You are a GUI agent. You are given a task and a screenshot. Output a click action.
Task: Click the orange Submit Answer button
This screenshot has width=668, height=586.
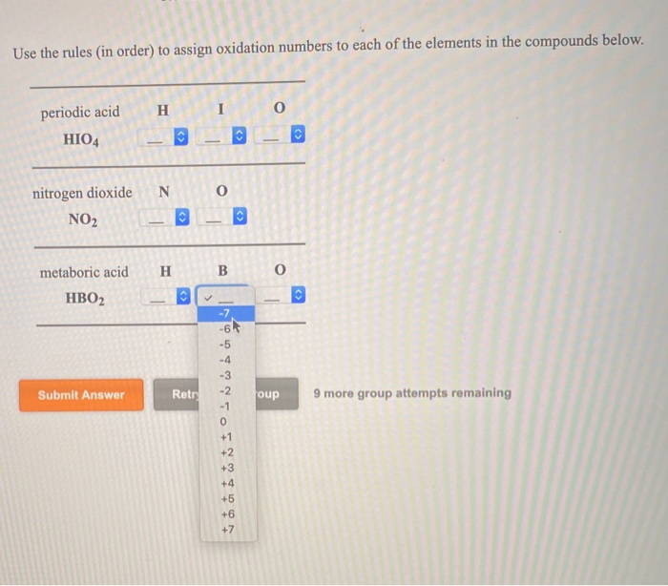[x=81, y=395]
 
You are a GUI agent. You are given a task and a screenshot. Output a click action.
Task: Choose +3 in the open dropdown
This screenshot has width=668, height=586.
[x=225, y=468]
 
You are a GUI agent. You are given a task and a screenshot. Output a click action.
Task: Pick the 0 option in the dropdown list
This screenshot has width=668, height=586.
[x=224, y=422]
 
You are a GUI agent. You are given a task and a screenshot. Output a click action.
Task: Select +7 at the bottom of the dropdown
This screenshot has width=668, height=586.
[x=225, y=530]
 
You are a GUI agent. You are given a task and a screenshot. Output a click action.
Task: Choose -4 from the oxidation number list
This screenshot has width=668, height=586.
[x=225, y=360]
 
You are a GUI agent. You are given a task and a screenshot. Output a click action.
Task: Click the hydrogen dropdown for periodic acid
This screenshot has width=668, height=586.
[x=164, y=138]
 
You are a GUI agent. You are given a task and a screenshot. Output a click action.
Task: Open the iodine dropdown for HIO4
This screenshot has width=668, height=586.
[x=224, y=138]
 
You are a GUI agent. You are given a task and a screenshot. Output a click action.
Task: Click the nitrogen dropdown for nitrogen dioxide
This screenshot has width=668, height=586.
[x=164, y=220]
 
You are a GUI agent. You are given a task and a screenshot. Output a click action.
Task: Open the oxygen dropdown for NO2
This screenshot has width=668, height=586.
[x=224, y=220]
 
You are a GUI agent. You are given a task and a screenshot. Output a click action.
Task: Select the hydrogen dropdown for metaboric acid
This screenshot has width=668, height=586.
[x=164, y=299]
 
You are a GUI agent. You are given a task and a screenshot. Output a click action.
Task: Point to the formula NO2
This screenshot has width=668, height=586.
[x=83, y=220]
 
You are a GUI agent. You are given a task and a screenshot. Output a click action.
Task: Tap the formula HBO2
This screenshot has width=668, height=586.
[x=84, y=299]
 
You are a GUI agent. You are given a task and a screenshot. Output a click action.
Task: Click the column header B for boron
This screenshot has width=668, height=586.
[x=222, y=272]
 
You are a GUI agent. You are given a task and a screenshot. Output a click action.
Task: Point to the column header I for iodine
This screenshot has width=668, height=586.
[x=220, y=111]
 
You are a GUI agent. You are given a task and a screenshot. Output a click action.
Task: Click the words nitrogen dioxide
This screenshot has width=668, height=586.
[x=83, y=193]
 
